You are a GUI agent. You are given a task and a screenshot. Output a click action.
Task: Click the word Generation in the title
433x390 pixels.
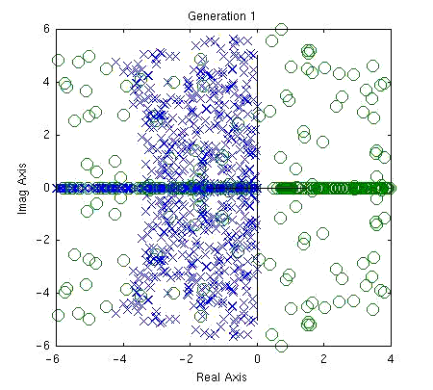pos(211,17)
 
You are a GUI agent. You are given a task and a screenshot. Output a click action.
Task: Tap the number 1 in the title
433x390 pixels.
pos(252,17)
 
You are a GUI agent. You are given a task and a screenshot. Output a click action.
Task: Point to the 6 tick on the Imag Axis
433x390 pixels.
pos(46,30)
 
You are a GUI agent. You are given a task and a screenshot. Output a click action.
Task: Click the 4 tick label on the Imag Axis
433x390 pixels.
pos(46,83)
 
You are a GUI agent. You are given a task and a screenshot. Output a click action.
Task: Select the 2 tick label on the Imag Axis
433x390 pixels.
pos(46,135)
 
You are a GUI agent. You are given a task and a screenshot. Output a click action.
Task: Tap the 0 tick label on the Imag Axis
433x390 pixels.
pos(46,188)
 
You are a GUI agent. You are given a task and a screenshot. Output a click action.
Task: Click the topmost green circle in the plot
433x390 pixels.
pos(281,31)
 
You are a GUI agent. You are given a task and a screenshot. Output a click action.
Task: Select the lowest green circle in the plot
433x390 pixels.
pos(281,345)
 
